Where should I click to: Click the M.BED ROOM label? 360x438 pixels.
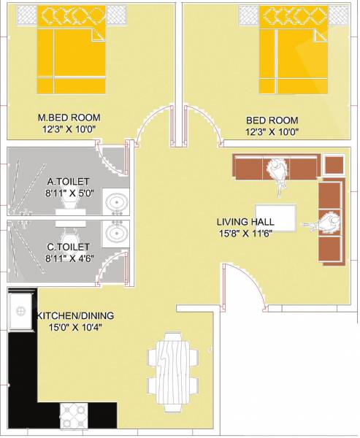[x=69, y=118]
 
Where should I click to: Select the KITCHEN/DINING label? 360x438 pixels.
[x=69, y=315]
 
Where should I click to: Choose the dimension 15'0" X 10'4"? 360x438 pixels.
[x=70, y=328]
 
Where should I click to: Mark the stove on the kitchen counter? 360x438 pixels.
[x=73, y=412]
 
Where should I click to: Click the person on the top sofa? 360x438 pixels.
[x=276, y=173]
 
